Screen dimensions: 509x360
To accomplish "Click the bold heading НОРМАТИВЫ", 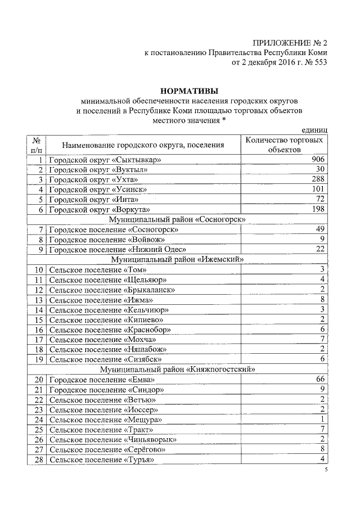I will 189,91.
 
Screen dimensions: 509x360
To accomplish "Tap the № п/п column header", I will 36,145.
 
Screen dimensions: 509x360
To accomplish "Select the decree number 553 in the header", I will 318,62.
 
